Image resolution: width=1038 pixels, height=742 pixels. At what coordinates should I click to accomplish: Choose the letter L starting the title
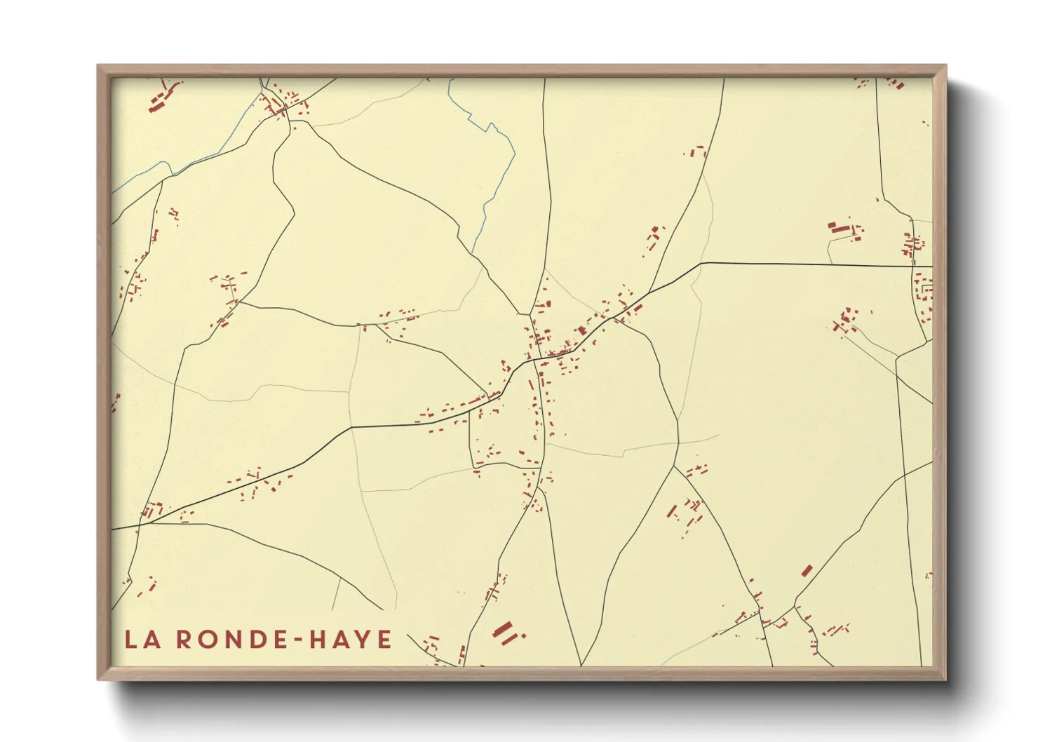click(x=130, y=640)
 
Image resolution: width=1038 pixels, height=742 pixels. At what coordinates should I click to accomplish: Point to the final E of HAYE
click(x=384, y=640)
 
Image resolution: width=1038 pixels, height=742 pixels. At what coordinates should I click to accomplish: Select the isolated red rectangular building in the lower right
click(x=807, y=571)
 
